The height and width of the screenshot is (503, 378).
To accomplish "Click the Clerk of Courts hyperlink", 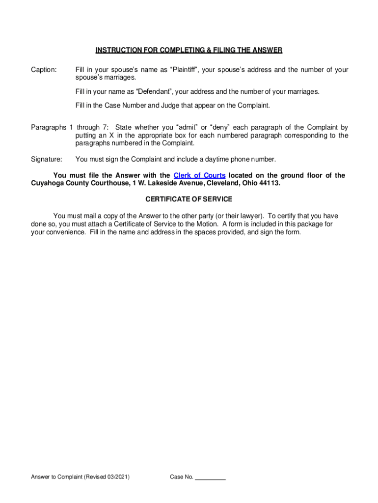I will (199, 175).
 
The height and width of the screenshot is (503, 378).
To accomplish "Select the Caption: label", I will (44, 70).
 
